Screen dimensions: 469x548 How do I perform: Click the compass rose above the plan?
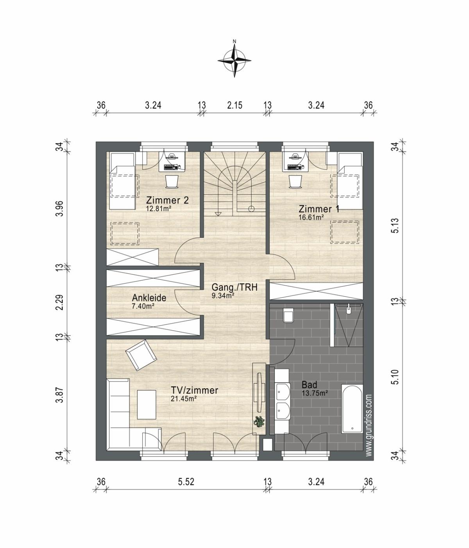(x=234, y=60)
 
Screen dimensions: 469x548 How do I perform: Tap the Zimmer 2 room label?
(x=167, y=200)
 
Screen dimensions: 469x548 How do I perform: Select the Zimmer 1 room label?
(x=319, y=209)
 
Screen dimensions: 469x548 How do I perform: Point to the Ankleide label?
(x=149, y=298)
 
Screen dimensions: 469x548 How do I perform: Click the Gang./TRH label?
(x=234, y=287)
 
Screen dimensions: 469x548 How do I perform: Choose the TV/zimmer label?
(x=194, y=390)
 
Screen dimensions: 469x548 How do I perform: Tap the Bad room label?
(x=309, y=384)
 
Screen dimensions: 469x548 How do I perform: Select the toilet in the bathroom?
(x=288, y=315)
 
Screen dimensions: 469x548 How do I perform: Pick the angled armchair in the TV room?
(x=141, y=355)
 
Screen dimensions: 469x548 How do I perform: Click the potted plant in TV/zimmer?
(x=259, y=421)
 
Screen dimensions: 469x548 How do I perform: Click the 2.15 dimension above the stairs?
(x=234, y=105)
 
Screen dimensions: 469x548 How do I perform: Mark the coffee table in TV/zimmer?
(x=147, y=405)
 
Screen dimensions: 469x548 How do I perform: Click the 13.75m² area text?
(x=315, y=393)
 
